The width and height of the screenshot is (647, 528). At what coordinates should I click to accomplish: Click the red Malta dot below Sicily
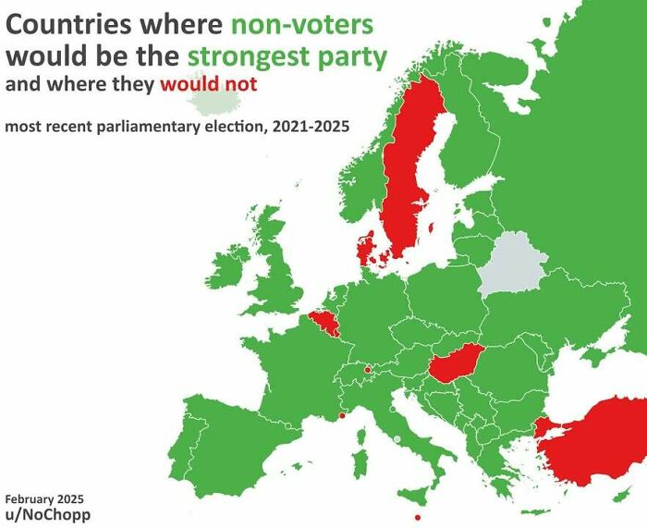[x=419, y=517]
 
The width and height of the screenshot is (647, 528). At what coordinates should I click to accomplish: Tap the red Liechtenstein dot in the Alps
[x=368, y=369]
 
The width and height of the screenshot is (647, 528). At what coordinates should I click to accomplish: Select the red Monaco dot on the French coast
[x=343, y=416]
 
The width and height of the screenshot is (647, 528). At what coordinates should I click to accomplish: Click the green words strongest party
[x=287, y=55]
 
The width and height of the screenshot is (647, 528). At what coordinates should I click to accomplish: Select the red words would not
[x=207, y=85]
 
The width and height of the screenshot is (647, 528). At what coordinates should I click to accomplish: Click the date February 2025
[x=43, y=498]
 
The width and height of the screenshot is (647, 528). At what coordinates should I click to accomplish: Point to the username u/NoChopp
[x=48, y=514]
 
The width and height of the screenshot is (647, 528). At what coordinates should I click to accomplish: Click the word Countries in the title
[x=66, y=24]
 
